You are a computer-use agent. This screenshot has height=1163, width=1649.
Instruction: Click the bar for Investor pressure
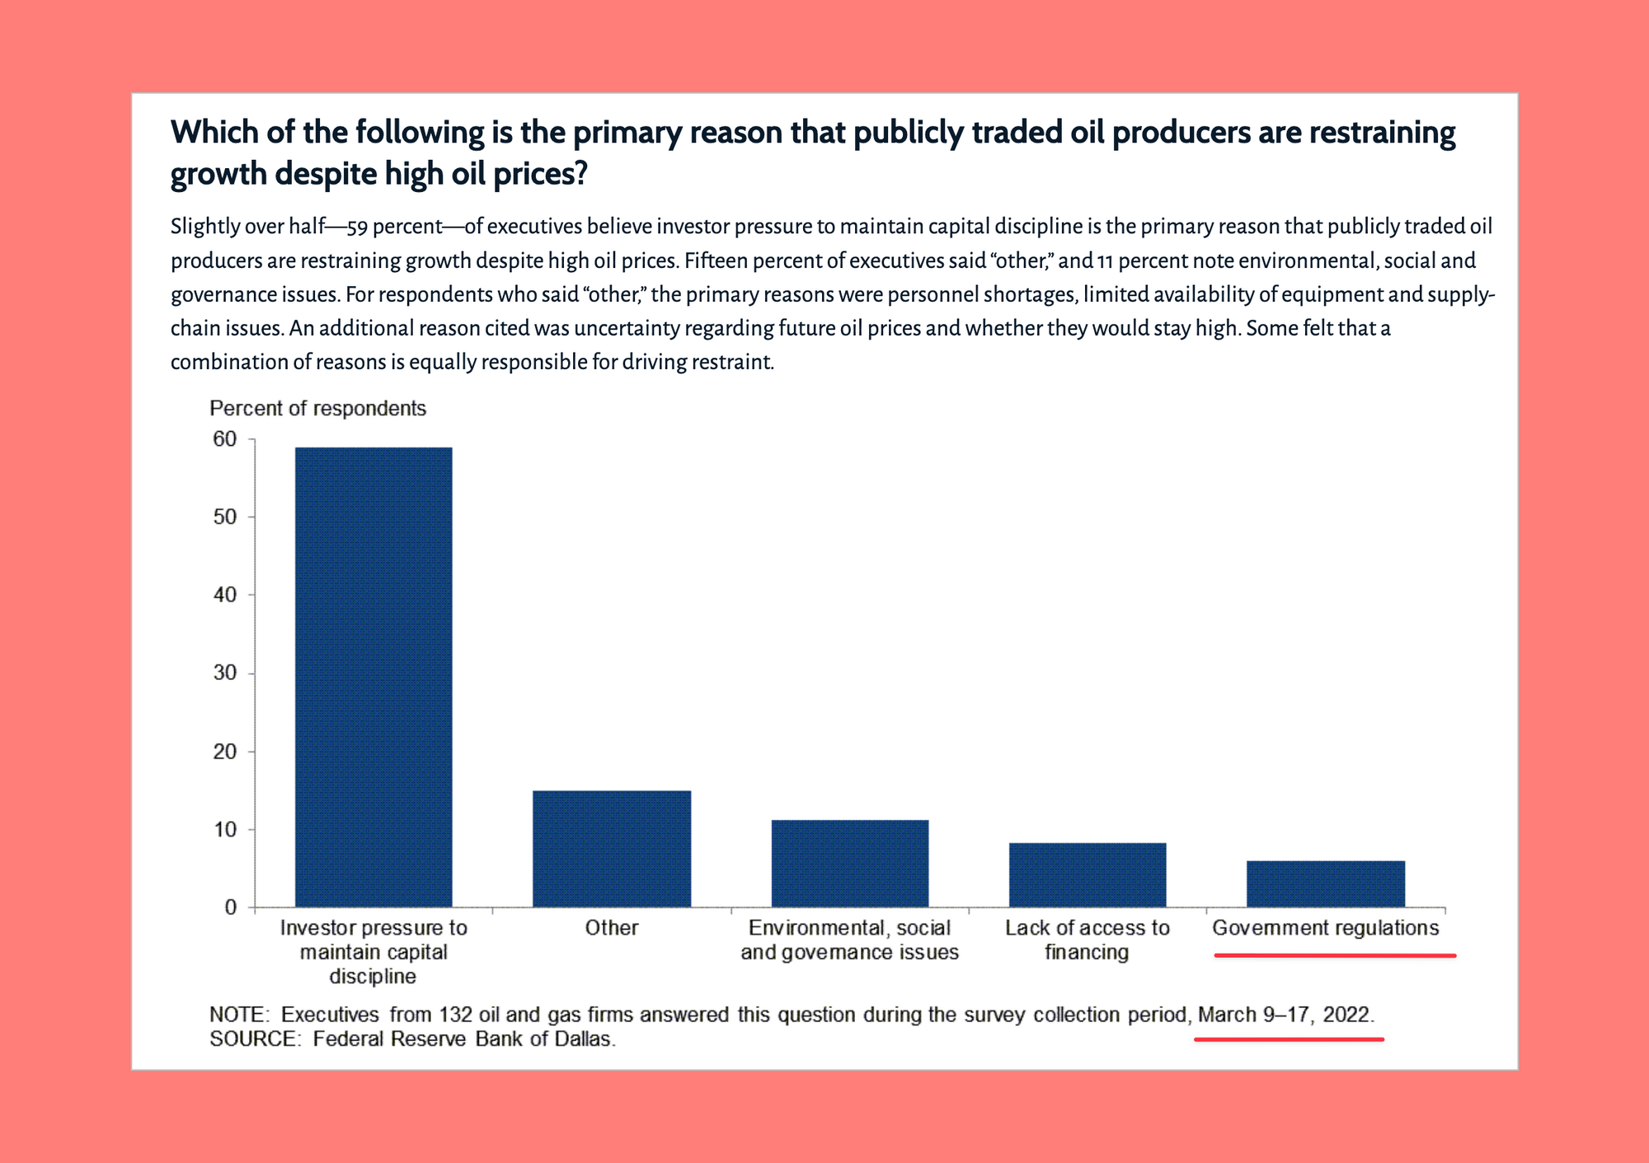(373, 677)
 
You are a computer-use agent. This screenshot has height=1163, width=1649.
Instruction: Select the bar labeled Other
(612, 849)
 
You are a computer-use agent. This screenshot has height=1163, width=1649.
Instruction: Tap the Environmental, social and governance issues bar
(850, 864)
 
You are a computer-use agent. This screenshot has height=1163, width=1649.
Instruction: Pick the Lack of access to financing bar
(1088, 875)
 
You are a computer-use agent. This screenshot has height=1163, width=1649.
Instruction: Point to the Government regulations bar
(1326, 884)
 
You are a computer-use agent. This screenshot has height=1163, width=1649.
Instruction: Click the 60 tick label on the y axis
(224, 439)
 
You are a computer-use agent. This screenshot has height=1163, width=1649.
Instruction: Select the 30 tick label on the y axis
(224, 673)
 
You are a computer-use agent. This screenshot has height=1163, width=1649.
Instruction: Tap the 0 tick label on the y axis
(231, 907)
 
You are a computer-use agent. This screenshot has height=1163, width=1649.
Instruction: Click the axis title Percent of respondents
(317, 409)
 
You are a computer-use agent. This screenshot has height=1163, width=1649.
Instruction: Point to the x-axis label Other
(612, 928)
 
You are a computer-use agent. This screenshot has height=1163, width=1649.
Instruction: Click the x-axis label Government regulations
(1326, 928)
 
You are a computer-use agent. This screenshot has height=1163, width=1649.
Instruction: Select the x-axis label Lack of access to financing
(1088, 940)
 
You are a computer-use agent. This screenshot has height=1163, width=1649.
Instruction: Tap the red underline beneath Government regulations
(1335, 955)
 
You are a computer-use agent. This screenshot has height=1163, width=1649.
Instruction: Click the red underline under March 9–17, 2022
(1289, 1039)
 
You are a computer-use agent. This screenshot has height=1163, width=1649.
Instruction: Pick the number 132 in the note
(455, 1015)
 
